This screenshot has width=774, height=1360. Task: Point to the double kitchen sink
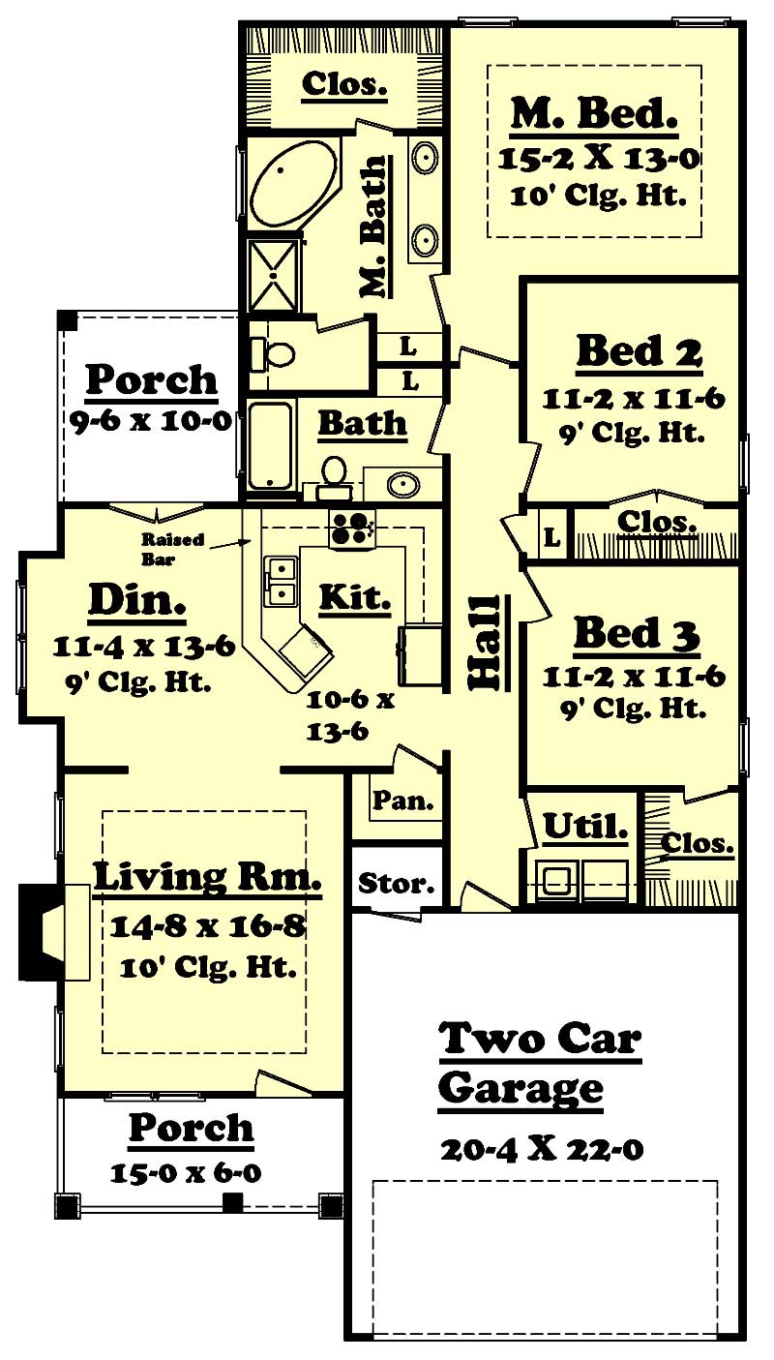(x=280, y=580)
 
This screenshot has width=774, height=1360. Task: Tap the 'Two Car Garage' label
(x=539, y=1063)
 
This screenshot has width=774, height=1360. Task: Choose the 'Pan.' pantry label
(x=395, y=801)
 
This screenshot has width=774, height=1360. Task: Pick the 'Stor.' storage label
(x=396, y=883)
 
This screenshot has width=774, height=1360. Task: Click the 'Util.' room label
(x=584, y=827)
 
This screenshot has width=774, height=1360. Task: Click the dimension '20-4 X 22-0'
(x=542, y=1149)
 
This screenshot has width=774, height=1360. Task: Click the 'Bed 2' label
(x=638, y=352)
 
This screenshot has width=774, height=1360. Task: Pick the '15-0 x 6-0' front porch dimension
(x=185, y=1173)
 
